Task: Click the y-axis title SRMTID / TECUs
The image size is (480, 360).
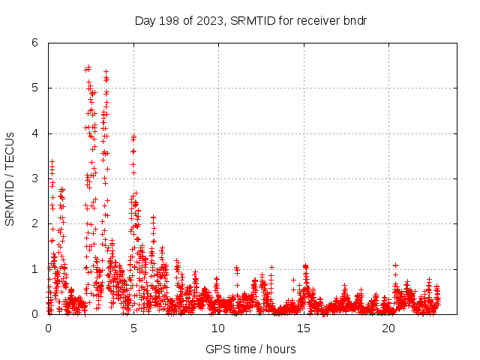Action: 10,178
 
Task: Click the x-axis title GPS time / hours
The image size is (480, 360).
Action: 250,349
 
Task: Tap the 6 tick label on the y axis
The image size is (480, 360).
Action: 34,43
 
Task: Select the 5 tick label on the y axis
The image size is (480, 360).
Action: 34,88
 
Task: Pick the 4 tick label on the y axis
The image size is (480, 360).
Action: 34,133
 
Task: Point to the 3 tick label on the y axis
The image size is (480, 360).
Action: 34,178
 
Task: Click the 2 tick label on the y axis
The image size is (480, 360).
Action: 34,224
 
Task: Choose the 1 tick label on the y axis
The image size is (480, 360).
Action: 34,269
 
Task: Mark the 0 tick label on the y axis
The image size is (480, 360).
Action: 34,314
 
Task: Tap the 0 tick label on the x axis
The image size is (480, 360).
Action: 49,328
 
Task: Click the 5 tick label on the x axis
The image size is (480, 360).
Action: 133,328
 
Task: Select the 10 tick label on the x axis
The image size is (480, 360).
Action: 218,328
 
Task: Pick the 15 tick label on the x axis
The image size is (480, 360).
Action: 304,328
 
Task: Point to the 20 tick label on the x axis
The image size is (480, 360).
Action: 388,328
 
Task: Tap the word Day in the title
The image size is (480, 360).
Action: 145,19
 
